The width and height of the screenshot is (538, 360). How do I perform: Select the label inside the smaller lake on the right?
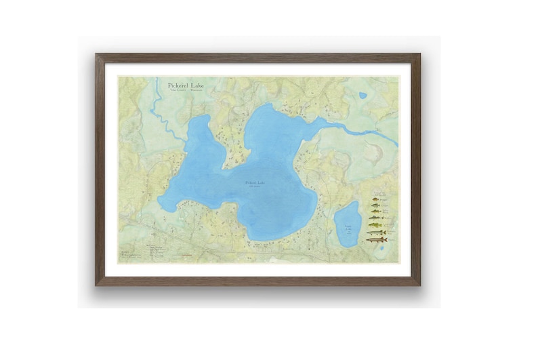347,226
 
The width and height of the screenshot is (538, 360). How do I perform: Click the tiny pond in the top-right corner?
363,96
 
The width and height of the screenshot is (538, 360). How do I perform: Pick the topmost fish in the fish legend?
375,201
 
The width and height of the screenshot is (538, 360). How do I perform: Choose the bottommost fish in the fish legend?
377,240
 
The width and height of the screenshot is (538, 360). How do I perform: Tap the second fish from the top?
375,207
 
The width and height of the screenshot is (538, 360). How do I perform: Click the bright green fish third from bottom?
375,226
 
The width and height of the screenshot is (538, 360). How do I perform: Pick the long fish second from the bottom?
376,233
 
